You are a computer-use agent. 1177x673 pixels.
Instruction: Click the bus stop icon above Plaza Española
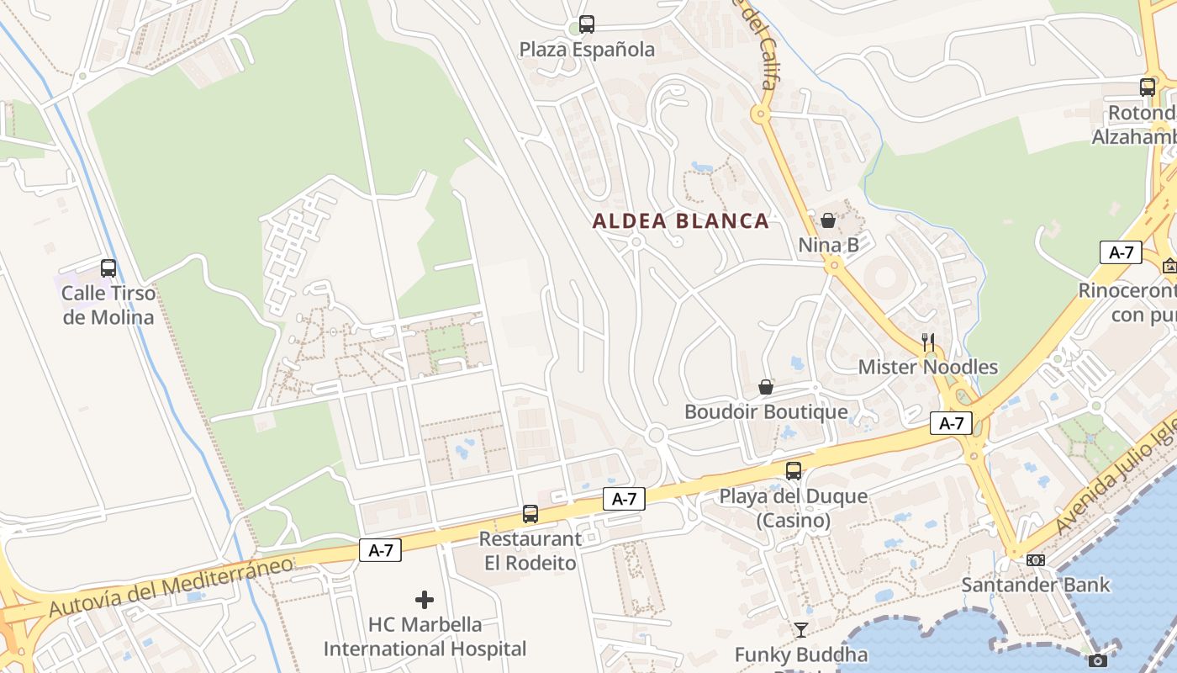pyautogui.click(x=587, y=24)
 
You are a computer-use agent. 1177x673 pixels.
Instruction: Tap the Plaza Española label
pyautogui.click(x=587, y=50)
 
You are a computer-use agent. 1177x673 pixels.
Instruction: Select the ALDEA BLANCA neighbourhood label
pyautogui.click(x=680, y=221)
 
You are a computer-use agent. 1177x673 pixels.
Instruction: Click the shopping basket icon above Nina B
pyautogui.click(x=828, y=220)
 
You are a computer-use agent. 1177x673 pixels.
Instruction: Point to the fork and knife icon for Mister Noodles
pyautogui.click(x=928, y=342)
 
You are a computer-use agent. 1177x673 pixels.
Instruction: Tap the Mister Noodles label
pyautogui.click(x=928, y=368)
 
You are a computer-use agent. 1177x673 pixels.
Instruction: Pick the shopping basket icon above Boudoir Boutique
pyautogui.click(x=766, y=387)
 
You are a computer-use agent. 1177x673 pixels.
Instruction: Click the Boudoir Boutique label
pyautogui.click(x=766, y=412)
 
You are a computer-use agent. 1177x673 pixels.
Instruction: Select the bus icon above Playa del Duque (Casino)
pyautogui.click(x=794, y=471)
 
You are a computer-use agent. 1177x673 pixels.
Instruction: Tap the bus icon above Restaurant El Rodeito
pyautogui.click(x=530, y=513)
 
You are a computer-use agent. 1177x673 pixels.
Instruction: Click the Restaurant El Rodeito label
pyautogui.click(x=530, y=551)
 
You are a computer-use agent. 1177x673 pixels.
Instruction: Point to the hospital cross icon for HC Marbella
pyautogui.click(x=425, y=600)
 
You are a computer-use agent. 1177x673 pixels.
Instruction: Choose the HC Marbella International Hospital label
pyautogui.click(x=425, y=637)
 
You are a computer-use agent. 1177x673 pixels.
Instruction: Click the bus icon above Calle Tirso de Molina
pyautogui.click(x=108, y=268)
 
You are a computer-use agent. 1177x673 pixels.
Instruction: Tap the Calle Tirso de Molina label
pyautogui.click(x=108, y=305)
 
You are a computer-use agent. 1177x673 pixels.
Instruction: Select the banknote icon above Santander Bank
pyautogui.click(x=1036, y=560)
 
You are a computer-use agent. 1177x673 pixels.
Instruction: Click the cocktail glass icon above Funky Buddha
pyautogui.click(x=801, y=629)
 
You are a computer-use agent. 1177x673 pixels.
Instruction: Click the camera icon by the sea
pyautogui.click(x=1097, y=661)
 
